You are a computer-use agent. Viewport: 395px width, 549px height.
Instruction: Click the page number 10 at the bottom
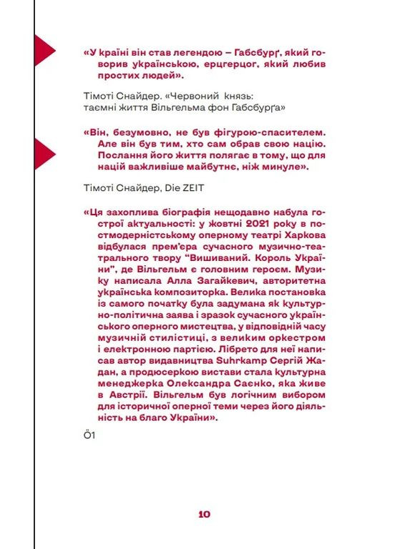tap(204, 513)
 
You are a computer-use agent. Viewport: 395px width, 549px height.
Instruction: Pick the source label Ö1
tap(90, 436)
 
